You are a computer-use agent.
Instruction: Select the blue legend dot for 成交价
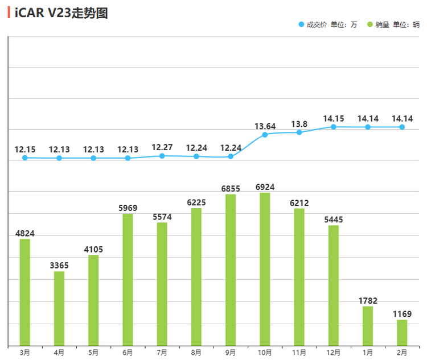[301, 24]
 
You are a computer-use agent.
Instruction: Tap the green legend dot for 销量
[370, 24]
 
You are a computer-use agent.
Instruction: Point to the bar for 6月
[128, 279]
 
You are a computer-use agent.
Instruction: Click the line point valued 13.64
[265, 135]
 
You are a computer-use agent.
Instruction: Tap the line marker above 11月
[299, 133]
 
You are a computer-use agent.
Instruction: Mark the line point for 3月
[25, 158]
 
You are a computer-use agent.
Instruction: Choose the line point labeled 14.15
[334, 127]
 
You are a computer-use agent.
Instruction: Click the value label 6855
[231, 188]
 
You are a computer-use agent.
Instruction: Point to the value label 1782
[368, 300]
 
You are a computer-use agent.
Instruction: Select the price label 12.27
[162, 147]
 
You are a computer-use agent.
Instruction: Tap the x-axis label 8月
[196, 353]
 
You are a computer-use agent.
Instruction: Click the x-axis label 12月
[334, 353]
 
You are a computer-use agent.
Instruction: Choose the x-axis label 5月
[93, 353]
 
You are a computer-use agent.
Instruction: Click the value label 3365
[59, 265]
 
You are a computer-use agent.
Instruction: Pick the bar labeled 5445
[334, 285]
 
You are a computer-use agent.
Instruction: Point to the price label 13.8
[299, 124]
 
